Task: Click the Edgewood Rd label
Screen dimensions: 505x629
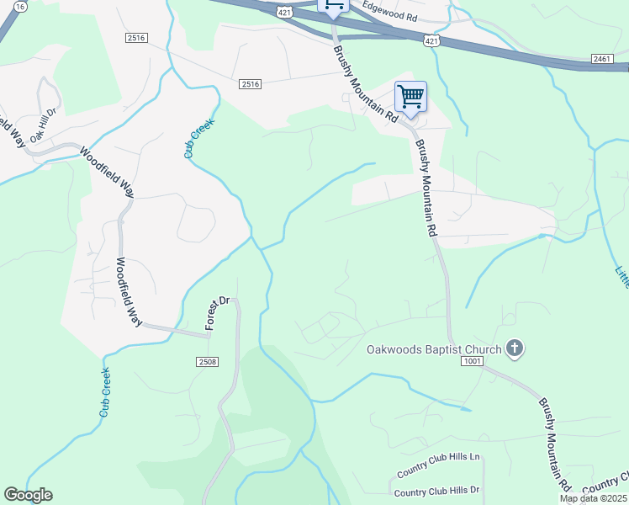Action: (388, 17)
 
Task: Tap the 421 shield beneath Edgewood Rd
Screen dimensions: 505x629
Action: (431, 40)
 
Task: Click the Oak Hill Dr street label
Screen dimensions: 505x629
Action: (43, 124)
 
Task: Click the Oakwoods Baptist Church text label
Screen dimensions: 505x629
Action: (433, 348)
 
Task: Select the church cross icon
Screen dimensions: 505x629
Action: (515, 348)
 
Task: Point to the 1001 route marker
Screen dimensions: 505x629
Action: (472, 361)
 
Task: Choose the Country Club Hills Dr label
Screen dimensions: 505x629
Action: (436, 492)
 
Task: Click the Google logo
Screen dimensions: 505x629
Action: (28, 495)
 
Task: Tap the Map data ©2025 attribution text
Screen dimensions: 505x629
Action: (594, 498)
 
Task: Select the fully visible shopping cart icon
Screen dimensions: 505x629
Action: (410, 97)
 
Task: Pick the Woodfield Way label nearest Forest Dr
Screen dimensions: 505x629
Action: (130, 291)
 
